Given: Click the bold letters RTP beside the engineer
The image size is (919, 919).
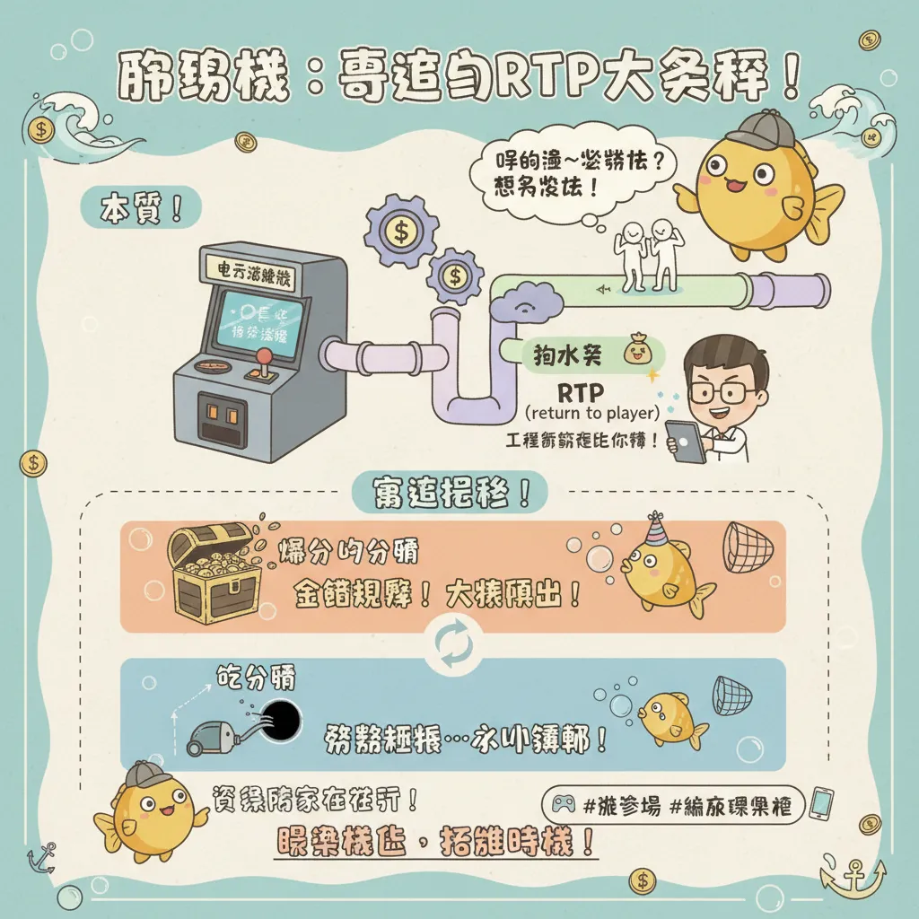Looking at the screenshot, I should tap(581, 392).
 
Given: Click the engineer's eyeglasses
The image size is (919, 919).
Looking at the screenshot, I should tap(721, 392).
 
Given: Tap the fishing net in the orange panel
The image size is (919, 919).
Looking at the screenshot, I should tap(744, 547).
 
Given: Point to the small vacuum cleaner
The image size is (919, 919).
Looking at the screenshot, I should tap(212, 736).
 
